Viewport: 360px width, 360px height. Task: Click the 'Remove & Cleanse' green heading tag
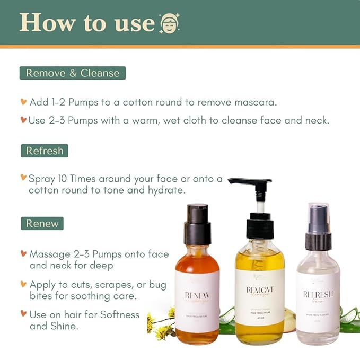coord(73,73)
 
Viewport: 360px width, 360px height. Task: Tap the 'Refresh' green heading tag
coord(45,151)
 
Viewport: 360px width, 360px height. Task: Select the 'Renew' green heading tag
coord(42,223)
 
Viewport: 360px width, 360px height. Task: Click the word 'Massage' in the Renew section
coord(50,254)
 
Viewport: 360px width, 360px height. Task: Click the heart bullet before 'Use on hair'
coord(23,314)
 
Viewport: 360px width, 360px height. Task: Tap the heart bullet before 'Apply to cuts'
coord(23,284)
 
